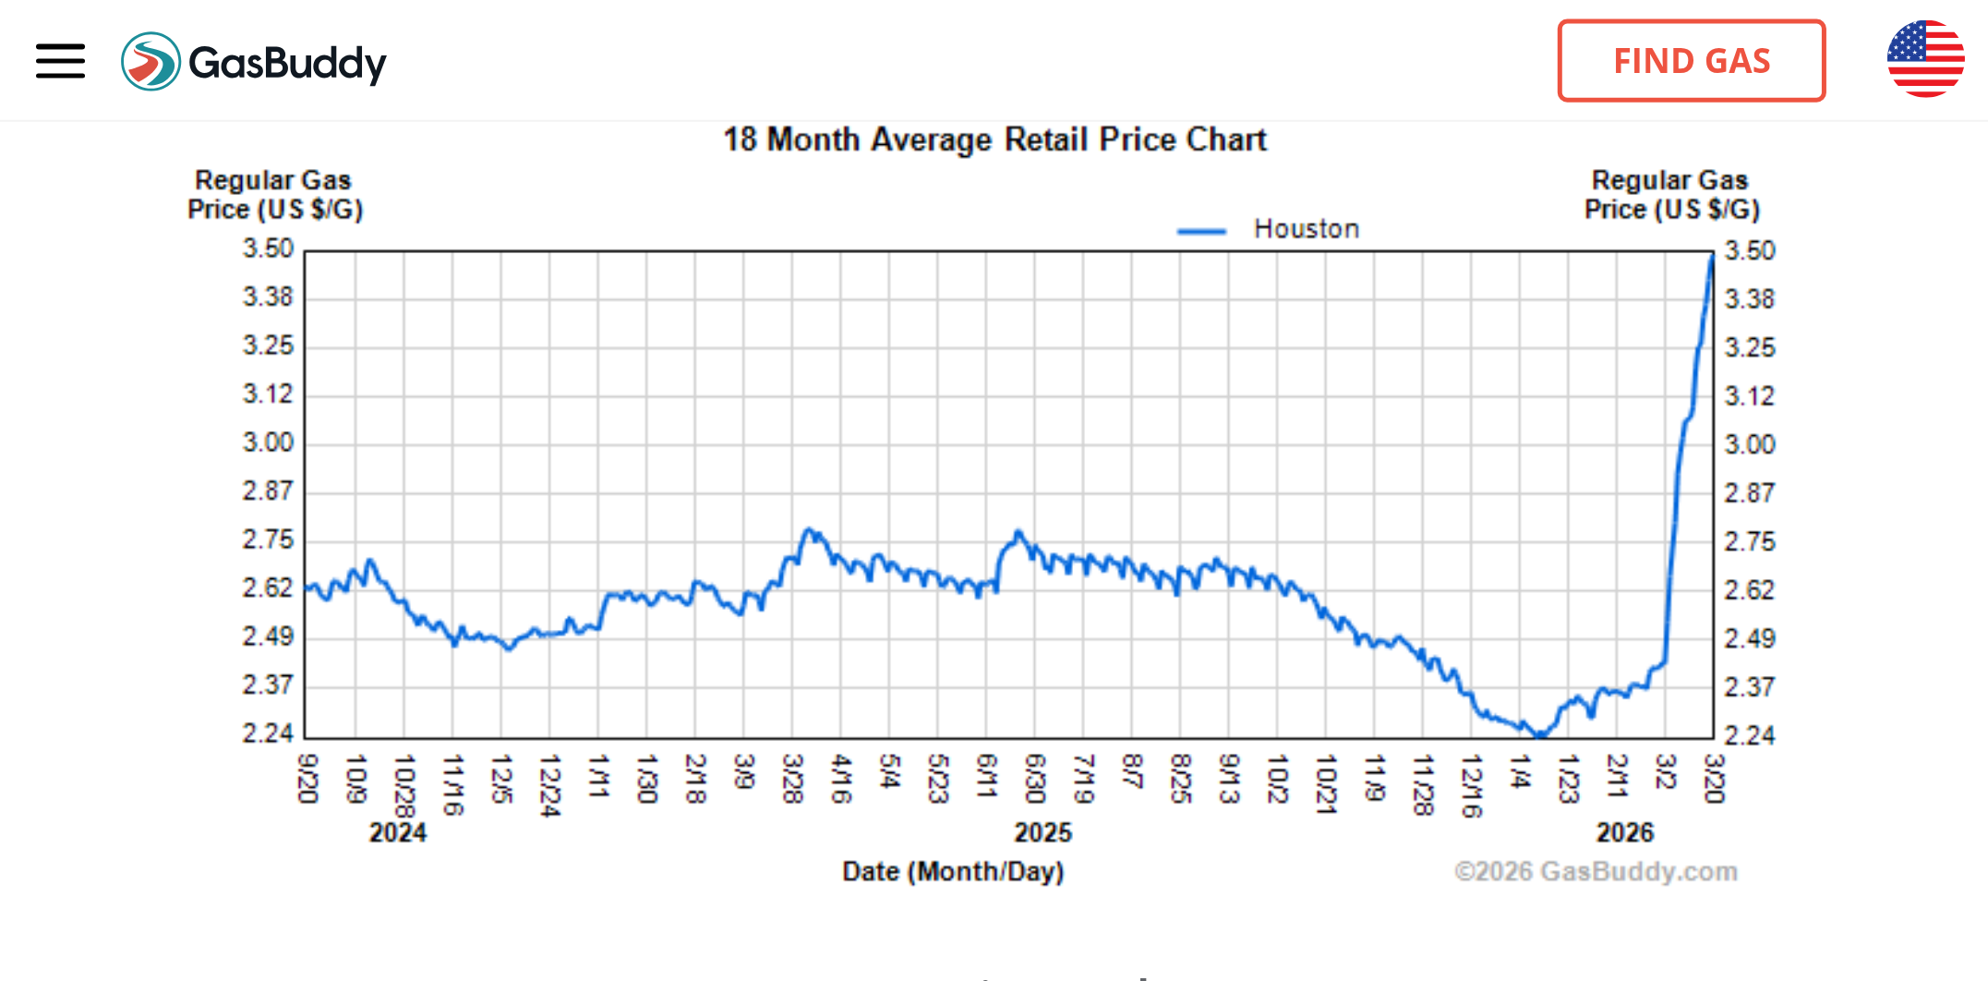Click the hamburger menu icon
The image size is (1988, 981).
click(60, 61)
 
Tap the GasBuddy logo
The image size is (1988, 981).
click(254, 62)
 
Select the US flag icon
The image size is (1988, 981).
click(1925, 59)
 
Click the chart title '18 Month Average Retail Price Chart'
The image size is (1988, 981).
click(994, 139)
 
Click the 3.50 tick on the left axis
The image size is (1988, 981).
click(268, 248)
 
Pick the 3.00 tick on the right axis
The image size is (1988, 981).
click(1749, 444)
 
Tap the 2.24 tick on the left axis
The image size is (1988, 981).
click(268, 733)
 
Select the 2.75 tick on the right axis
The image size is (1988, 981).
click(1749, 541)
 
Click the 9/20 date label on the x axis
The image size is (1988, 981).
click(307, 778)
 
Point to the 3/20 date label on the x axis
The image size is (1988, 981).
click(1714, 778)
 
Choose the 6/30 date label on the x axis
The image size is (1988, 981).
click(1035, 778)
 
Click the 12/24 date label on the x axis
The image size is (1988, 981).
click(549, 785)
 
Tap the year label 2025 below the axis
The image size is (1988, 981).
click(1043, 832)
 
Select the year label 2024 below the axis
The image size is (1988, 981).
click(398, 832)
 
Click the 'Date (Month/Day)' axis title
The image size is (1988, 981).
click(953, 871)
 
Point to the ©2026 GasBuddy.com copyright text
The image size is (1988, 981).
click(1596, 871)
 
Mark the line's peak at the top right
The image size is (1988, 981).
click(1711, 258)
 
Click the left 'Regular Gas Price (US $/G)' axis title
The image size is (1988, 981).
click(274, 195)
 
